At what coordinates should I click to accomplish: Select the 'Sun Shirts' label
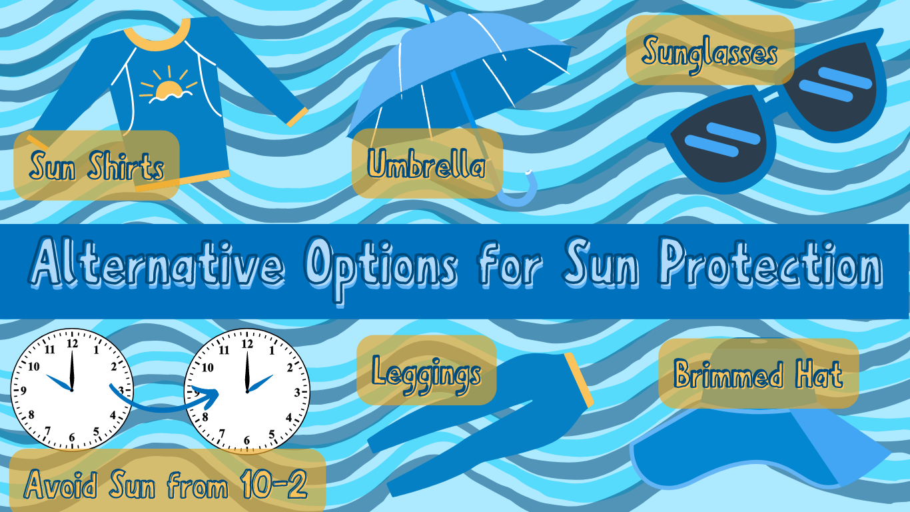tap(97, 166)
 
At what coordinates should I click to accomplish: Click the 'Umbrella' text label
tap(427, 165)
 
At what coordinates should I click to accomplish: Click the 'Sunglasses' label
tap(710, 51)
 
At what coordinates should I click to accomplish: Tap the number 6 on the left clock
tap(72, 438)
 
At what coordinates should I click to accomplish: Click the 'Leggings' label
tap(427, 371)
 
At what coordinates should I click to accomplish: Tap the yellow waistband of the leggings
tap(578, 381)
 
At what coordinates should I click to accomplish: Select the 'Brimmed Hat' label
tap(758, 374)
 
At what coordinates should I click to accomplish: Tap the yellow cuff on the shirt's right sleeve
tap(297, 117)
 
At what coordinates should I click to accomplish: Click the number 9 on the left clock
tap(24, 391)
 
